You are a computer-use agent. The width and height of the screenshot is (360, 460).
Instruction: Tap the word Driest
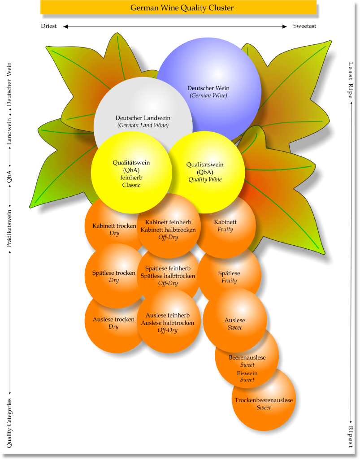[49, 26]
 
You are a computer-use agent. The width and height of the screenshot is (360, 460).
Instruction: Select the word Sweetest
[304, 26]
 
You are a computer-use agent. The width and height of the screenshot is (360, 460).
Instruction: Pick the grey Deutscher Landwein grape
[143, 112]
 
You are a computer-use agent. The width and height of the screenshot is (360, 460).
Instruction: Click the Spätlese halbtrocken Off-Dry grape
[168, 275]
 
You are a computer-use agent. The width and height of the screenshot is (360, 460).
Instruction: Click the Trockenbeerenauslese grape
[264, 400]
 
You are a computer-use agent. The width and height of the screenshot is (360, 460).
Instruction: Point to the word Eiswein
[247, 373]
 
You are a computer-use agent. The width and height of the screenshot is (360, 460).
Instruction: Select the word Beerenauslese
[247, 358]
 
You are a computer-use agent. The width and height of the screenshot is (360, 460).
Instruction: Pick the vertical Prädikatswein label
[9, 226]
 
